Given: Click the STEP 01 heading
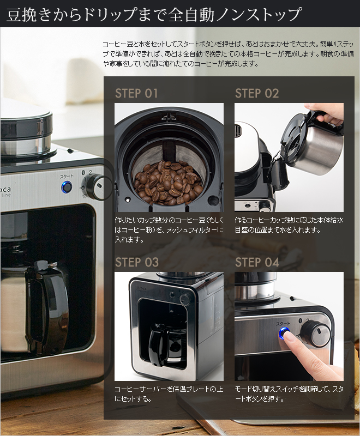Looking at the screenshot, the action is pyautogui.click(x=136, y=93).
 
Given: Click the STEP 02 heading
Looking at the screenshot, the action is pyautogui.click(x=257, y=93).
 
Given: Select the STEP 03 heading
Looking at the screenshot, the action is pyautogui.click(x=136, y=262).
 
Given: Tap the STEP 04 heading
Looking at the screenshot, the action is pyautogui.click(x=257, y=262).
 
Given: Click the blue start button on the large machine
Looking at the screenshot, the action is pyautogui.click(x=67, y=187).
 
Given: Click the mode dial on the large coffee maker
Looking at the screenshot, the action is pyautogui.click(x=94, y=186).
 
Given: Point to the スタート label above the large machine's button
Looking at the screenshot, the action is pyautogui.click(x=67, y=176).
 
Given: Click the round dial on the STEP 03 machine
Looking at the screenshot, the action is pyautogui.click(x=184, y=299).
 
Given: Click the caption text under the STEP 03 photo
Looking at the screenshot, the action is pyautogui.click(x=169, y=393).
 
